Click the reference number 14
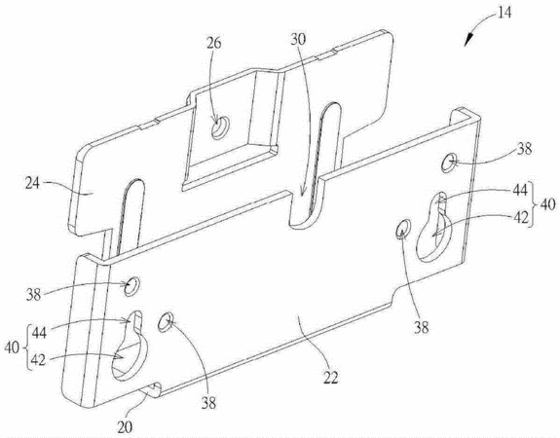point(504,13)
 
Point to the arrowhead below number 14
point(468,39)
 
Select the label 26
point(213,43)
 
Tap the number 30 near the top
point(298,39)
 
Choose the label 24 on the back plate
point(32,184)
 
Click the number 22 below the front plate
point(331,377)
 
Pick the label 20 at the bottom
point(125,427)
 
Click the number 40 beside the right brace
point(548,205)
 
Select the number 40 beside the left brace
point(12,347)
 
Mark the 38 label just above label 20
point(208,403)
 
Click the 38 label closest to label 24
point(33,295)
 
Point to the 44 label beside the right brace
point(520,190)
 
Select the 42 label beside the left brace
point(38,360)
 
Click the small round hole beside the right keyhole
point(403,229)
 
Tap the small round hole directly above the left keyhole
point(131,286)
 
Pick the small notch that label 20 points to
point(151,389)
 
